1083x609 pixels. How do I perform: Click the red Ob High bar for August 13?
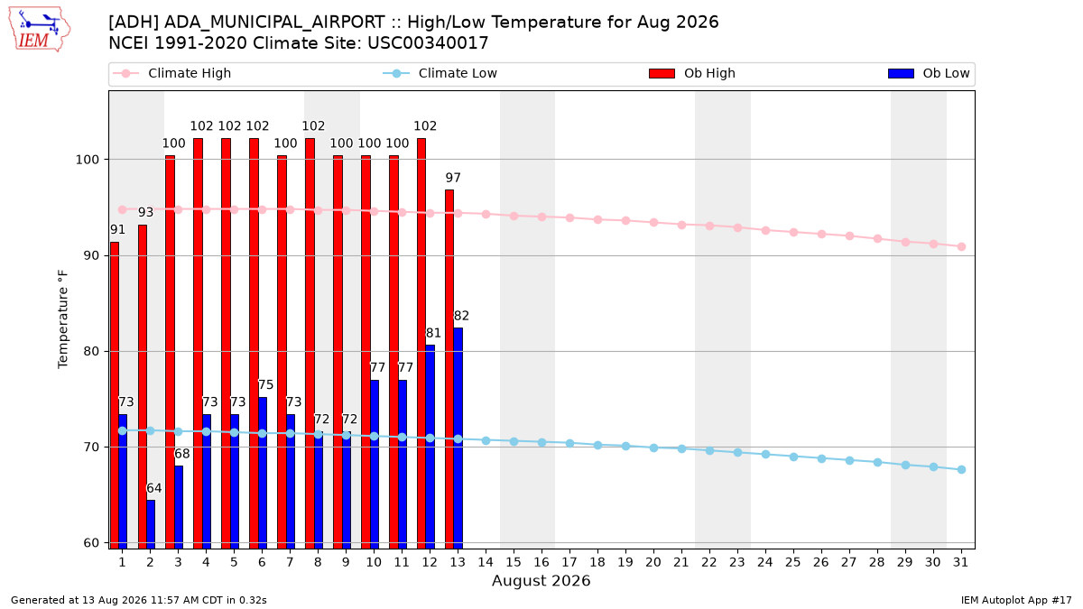pos(449,369)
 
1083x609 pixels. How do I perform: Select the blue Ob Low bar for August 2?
pos(151,524)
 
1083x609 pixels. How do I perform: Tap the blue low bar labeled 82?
pos(458,438)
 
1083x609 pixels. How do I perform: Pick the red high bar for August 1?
pos(114,395)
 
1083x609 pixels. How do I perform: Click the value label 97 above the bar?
pos(453,178)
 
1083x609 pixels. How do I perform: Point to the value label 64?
pos(154,488)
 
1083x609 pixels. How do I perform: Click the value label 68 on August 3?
pos(182,454)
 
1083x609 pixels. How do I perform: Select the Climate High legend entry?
pos(172,73)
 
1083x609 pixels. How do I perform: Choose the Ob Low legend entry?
pos(929,73)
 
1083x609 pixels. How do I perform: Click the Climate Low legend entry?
pos(440,73)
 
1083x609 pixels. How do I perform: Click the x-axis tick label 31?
pos(960,562)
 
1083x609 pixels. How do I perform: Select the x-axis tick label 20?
pos(653,562)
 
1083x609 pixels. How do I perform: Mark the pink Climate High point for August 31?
pos(961,246)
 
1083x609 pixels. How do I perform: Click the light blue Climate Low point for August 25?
pos(793,457)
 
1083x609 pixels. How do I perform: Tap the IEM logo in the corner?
pos(39,30)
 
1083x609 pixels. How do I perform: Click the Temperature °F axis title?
pos(63,319)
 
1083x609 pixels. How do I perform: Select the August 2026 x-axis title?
pos(541,580)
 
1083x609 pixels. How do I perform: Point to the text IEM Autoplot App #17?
pos(1016,600)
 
